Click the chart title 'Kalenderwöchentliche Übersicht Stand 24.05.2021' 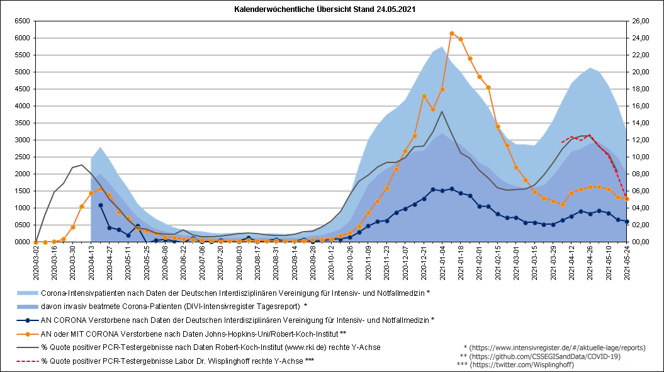point(324,10)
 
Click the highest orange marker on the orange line point(451,33)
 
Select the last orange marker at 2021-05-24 point(627,199)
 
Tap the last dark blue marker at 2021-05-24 point(627,222)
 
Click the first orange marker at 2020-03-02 point(36,242)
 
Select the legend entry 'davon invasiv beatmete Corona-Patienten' point(174,307)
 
